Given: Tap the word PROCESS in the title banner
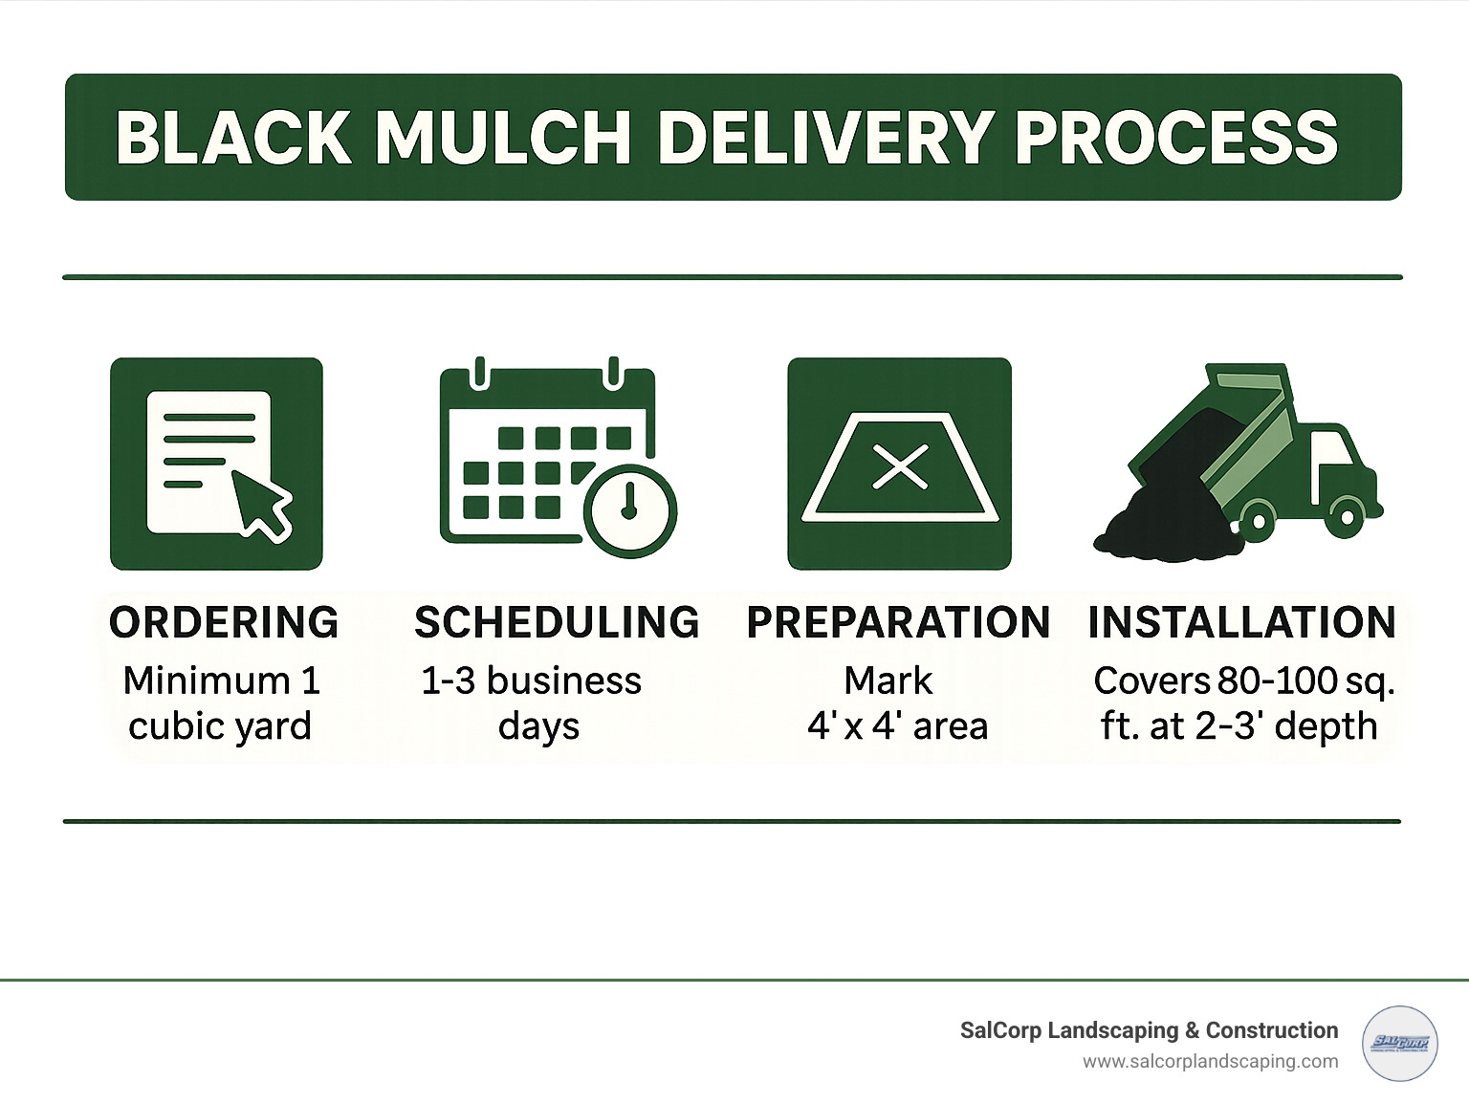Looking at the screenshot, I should coord(1175,138).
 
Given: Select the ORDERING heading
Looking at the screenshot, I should coord(224,622).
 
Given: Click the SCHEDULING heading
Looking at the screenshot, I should coord(557,622).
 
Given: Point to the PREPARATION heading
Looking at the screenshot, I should coord(898,622).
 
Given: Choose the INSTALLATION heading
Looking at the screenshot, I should coord(1241,622).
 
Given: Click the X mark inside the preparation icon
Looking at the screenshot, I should coord(900,467).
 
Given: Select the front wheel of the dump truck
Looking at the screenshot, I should coord(1347,517).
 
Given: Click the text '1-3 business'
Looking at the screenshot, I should coord(531,681).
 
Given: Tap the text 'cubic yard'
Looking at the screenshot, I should coord(220,726).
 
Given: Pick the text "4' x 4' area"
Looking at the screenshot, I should coord(897,726).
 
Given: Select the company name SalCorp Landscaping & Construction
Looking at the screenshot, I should coord(1149,1030).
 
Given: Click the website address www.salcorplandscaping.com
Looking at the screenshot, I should coord(1210,1061).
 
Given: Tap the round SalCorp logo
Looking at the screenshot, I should coord(1399,1044).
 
